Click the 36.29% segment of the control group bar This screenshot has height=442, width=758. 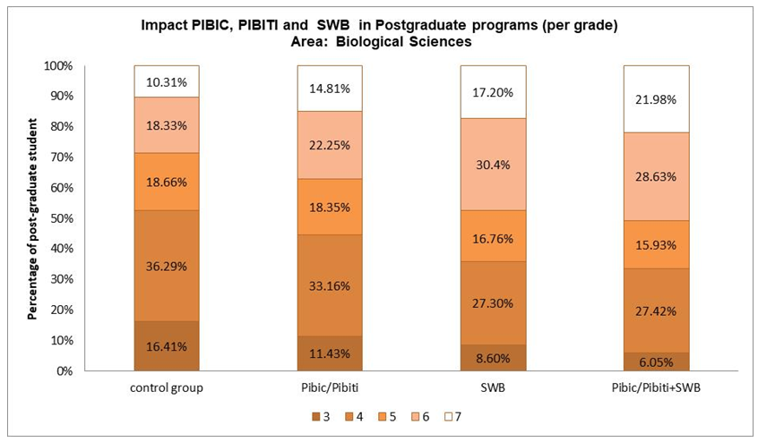click(166, 266)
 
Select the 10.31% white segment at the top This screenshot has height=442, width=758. click(166, 81)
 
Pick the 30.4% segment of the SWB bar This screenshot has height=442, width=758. click(492, 165)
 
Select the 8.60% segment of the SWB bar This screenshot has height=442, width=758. click(492, 357)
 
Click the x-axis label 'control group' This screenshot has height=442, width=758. click(166, 387)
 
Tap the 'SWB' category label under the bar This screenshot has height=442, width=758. click(492, 387)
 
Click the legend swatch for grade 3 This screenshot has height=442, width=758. click(316, 417)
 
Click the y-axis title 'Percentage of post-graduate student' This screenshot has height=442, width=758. click(32, 217)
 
